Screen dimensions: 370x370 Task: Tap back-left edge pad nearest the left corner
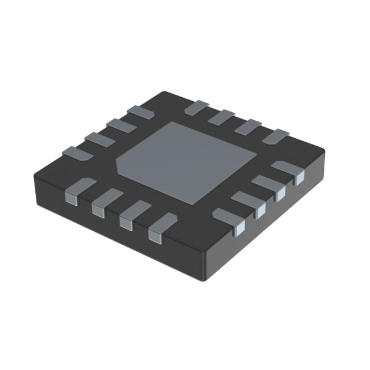pyautogui.click(x=73, y=153)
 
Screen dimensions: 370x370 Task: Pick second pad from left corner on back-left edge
pyautogui.click(x=95, y=138)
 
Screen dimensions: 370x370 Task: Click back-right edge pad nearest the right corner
pyautogui.click(x=274, y=137)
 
